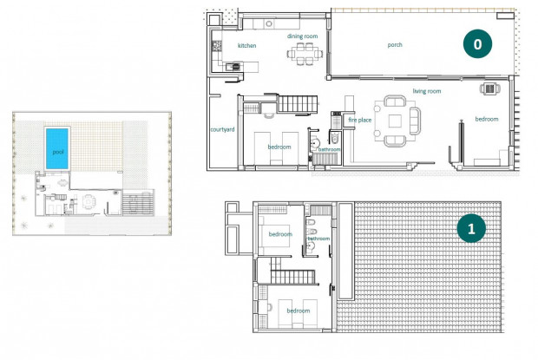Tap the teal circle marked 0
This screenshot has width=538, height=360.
pyautogui.click(x=477, y=42)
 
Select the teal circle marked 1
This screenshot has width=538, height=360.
pyautogui.click(x=471, y=230)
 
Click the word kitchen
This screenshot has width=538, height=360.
pyautogui.click(x=247, y=45)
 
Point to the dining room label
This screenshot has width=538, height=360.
pyautogui.click(x=303, y=36)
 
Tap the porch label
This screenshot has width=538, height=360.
pyautogui.click(x=395, y=44)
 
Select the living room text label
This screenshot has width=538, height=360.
pyautogui.click(x=427, y=91)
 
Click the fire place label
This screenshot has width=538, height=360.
pyautogui.click(x=360, y=120)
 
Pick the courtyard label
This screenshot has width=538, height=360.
pyautogui.click(x=222, y=130)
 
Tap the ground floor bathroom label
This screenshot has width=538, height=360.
pyautogui.click(x=330, y=149)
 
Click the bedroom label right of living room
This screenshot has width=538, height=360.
pyautogui.click(x=486, y=119)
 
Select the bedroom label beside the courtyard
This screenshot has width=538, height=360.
pyautogui.click(x=279, y=147)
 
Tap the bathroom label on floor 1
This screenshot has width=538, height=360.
pyautogui.click(x=318, y=237)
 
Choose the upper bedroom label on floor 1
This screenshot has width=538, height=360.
pyautogui.click(x=280, y=234)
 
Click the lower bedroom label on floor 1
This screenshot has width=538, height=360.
pyautogui.click(x=299, y=311)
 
